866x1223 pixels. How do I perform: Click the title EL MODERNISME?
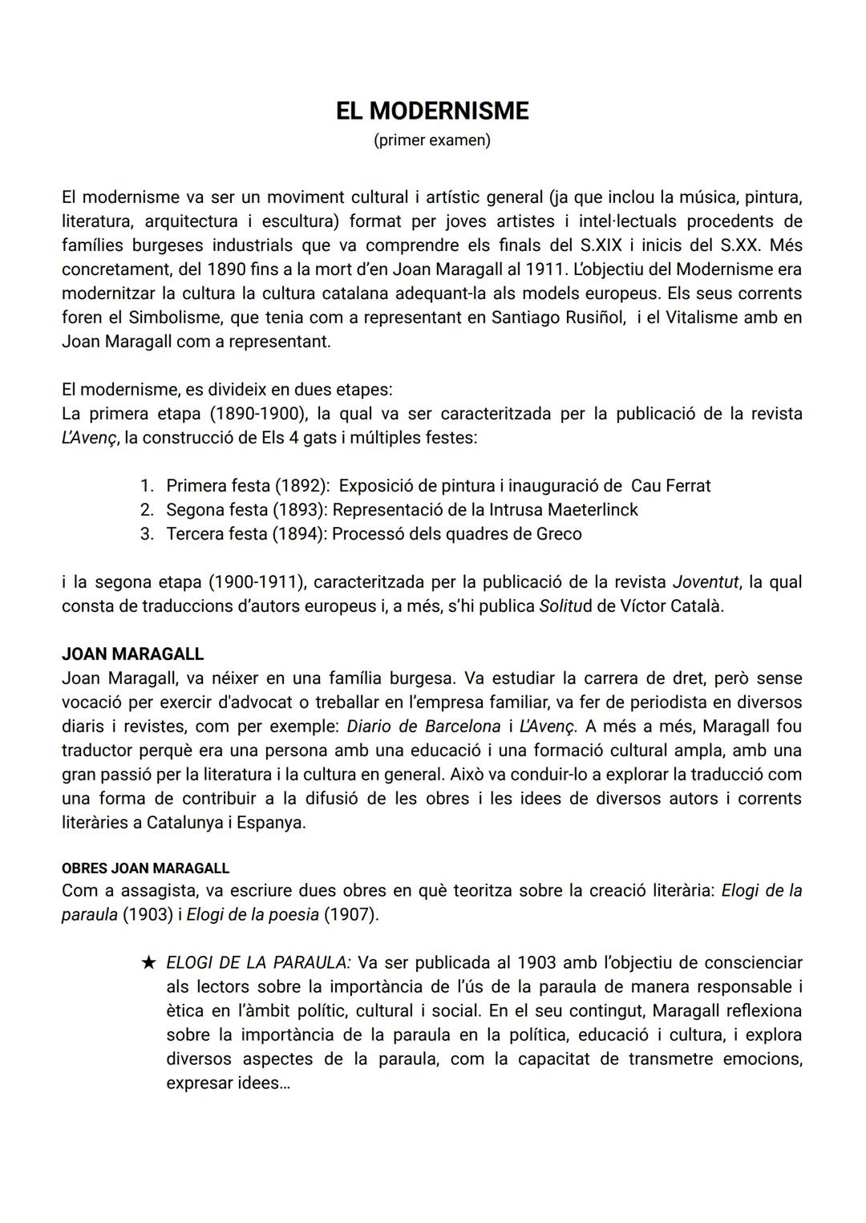[432, 111]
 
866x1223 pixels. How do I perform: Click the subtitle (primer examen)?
[432, 140]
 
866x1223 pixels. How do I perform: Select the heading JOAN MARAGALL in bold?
[132, 654]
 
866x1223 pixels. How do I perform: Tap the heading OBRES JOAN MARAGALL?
[145, 869]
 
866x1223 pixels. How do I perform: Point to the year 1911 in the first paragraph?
[547, 269]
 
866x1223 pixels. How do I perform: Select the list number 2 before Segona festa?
[146, 510]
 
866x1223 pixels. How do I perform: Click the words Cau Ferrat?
[670, 486]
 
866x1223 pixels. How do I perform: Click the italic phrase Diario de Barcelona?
[423, 727]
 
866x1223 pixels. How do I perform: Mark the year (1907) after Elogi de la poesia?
[350, 914]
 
